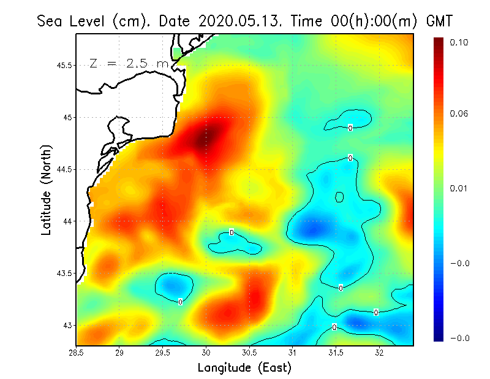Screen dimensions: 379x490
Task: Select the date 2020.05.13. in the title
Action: (x=237, y=21)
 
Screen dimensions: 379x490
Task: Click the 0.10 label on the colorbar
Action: (x=458, y=42)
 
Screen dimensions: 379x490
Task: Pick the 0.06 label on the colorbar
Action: (x=458, y=114)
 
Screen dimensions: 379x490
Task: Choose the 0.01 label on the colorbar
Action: (x=458, y=188)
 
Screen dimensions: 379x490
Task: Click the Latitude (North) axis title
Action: (x=47, y=189)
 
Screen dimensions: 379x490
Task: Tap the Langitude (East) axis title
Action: (x=244, y=368)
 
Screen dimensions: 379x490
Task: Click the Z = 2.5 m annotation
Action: (x=129, y=63)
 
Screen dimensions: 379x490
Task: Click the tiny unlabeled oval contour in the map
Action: (x=339, y=197)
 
